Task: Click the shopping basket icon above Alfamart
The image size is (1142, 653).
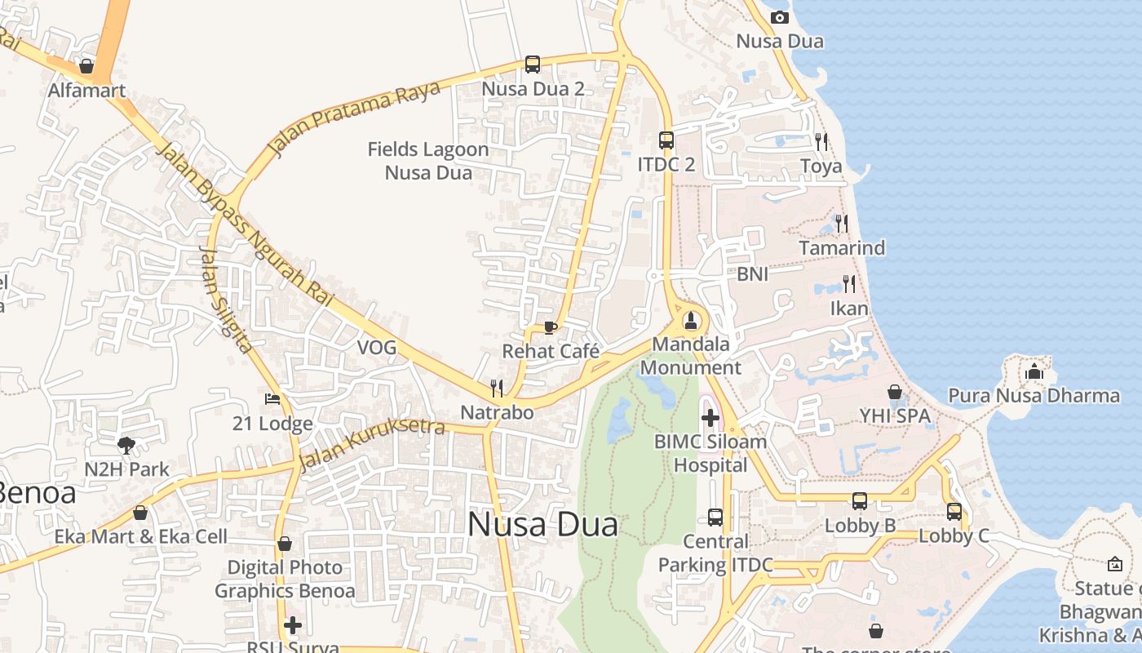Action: point(86,66)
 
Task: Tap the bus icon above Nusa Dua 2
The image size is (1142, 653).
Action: point(533,64)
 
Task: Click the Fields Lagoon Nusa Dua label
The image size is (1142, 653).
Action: point(428,161)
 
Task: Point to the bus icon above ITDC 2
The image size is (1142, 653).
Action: point(666,140)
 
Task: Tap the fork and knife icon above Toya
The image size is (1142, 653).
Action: point(821,141)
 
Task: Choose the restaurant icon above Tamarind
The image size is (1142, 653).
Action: point(842,223)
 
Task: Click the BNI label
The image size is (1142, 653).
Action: point(752,274)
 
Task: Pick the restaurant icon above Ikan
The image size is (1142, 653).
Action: point(849,284)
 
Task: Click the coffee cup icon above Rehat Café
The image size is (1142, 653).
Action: point(551,327)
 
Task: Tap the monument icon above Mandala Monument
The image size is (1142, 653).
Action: point(691,320)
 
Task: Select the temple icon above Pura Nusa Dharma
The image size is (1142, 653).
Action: point(1034,371)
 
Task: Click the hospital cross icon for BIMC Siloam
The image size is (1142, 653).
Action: point(710,418)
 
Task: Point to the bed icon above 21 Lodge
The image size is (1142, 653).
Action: point(272,399)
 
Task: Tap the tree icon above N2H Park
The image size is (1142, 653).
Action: point(126,445)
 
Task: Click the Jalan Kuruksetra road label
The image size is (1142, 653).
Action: point(371,445)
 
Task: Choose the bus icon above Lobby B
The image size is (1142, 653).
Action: point(860,501)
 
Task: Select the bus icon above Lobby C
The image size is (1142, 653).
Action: point(954,512)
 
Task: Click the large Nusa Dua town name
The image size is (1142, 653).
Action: point(542,524)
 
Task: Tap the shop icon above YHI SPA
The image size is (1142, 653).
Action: point(895,392)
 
